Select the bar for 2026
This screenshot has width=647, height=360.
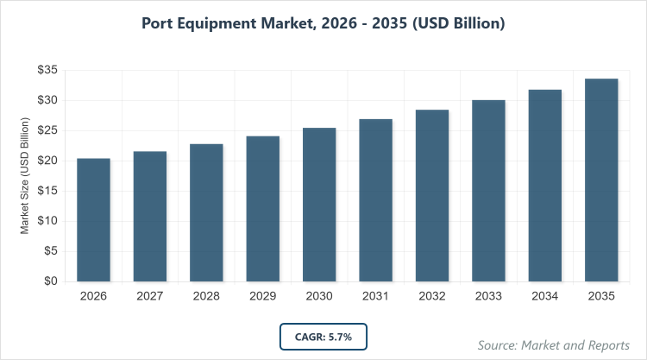click(x=93, y=220)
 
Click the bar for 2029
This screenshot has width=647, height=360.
click(x=262, y=209)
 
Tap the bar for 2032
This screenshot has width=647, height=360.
click(x=432, y=196)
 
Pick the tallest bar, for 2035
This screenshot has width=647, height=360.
click(x=601, y=180)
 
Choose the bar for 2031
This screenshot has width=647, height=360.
click(x=375, y=200)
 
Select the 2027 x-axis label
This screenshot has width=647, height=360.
click(x=149, y=297)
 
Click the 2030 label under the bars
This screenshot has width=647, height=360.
click(x=319, y=297)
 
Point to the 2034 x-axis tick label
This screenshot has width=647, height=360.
click(x=545, y=297)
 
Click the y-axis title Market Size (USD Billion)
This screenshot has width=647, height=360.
click(x=26, y=177)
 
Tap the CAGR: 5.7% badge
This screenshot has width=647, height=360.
click(x=323, y=336)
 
